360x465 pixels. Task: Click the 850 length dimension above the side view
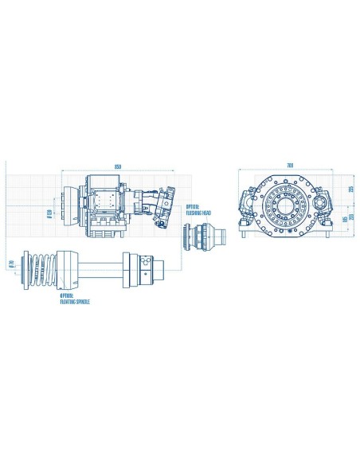117,166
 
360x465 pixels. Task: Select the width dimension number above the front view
289,166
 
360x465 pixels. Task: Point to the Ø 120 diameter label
49,213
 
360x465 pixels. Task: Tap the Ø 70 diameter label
11,264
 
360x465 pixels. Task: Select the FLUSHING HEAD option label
198,213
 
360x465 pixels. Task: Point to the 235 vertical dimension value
350,189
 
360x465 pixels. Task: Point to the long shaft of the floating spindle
100,266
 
